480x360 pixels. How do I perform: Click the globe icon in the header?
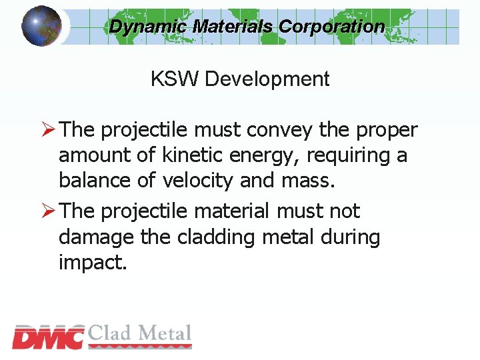tap(41, 25)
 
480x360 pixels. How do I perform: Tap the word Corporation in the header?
tap(331, 27)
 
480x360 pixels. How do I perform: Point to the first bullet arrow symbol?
tap(49, 130)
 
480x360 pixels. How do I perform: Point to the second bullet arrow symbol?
tap(49, 211)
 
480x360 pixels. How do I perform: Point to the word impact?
tap(91, 263)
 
